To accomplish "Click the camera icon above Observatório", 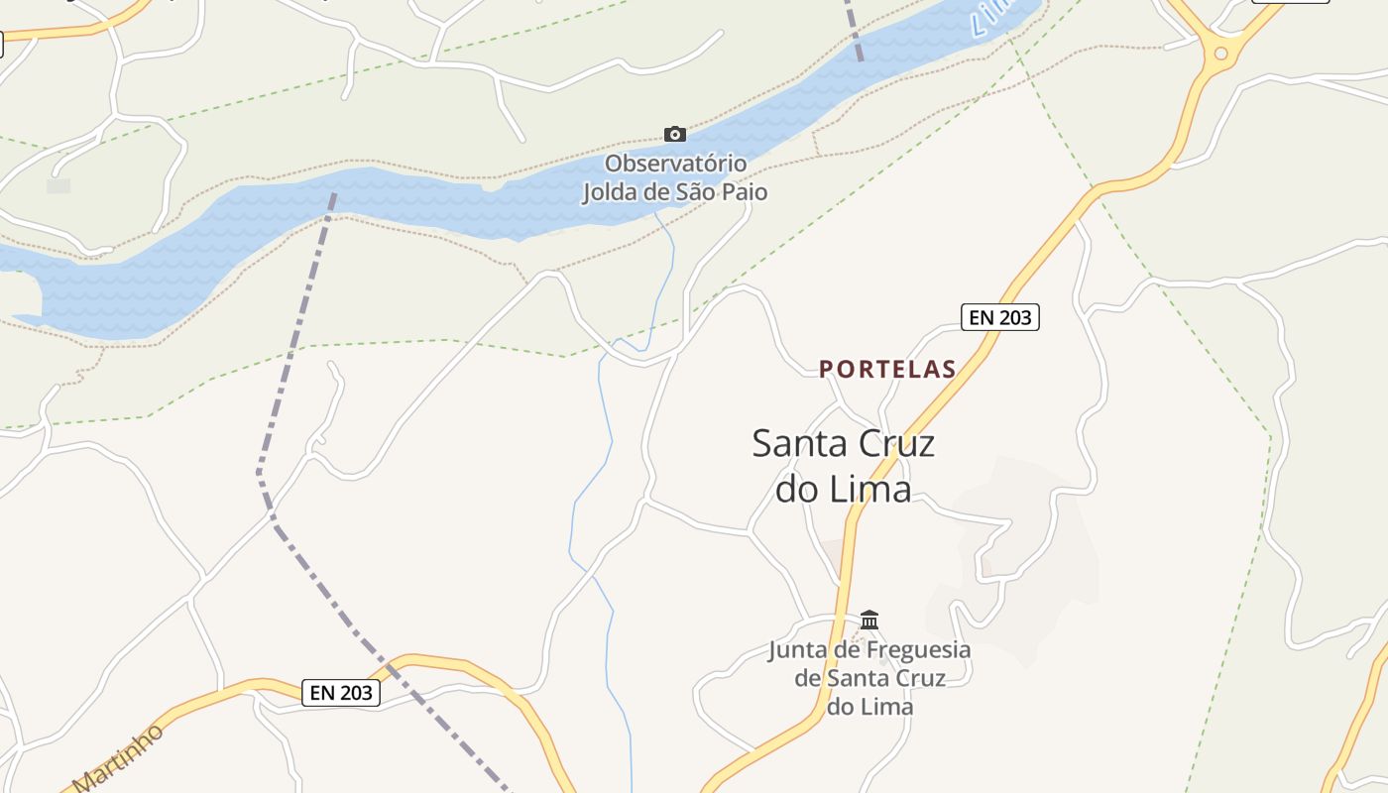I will click(675, 134).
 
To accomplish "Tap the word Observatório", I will click(675, 163).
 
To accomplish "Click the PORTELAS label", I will click(887, 370).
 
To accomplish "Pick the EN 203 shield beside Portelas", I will click(999, 317).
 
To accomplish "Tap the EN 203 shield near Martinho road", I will click(340, 693).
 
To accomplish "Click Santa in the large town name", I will click(798, 443).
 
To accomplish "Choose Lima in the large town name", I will click(870, 489).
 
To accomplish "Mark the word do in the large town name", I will click(798, 489).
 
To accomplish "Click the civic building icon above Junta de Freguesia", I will click(869, 621).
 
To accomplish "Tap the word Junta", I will click(803, 650).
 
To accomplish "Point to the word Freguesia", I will click(918, 650).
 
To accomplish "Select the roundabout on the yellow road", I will click(1220, 53).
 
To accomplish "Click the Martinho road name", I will click(117, 758).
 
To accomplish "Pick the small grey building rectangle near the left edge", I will click(58, 185).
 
